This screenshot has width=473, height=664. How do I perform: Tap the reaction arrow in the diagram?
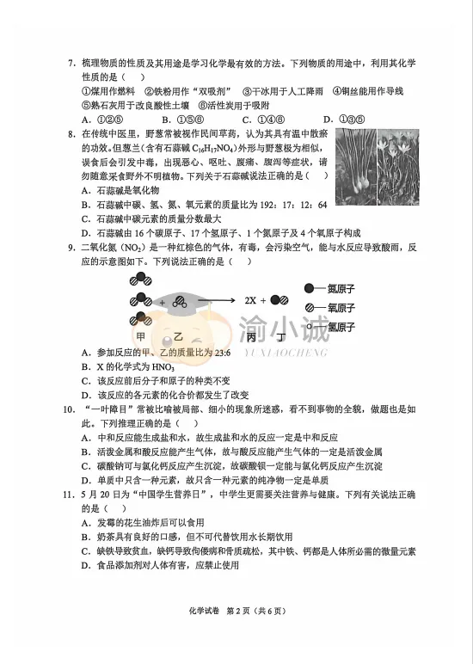(216, 301)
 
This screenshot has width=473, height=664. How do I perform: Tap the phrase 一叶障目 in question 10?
(107, 409)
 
